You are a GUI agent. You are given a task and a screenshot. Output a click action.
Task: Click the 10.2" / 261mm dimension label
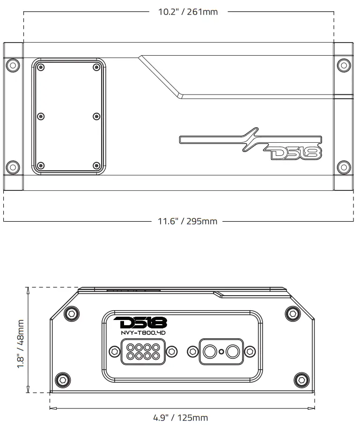point(188,12)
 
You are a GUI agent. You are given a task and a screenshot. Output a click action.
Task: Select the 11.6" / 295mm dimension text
point(187,221)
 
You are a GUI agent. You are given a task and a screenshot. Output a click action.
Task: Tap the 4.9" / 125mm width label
point(180,418)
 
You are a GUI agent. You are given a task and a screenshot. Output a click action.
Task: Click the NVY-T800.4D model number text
point(140,332)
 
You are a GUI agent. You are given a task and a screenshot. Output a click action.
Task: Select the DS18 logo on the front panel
point(140,322)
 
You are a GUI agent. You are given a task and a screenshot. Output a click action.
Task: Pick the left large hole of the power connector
point(209,351)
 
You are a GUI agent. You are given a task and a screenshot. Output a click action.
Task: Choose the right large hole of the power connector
point(232,351)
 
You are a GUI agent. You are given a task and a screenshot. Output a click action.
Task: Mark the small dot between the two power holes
point(221,352)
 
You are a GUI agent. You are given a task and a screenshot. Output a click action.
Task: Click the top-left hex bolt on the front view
point(71,313)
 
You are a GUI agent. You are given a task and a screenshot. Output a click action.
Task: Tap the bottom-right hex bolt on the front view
point(301,379)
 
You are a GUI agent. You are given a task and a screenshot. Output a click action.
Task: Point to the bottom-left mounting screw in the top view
point(13,167)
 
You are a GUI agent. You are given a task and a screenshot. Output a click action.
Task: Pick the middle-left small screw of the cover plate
point(41,116)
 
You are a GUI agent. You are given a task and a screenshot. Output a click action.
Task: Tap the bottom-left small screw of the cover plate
point(41,165)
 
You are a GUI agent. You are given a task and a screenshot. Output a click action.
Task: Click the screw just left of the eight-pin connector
point(114,351)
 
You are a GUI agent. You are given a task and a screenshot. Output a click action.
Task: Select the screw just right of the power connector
point(250,351)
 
